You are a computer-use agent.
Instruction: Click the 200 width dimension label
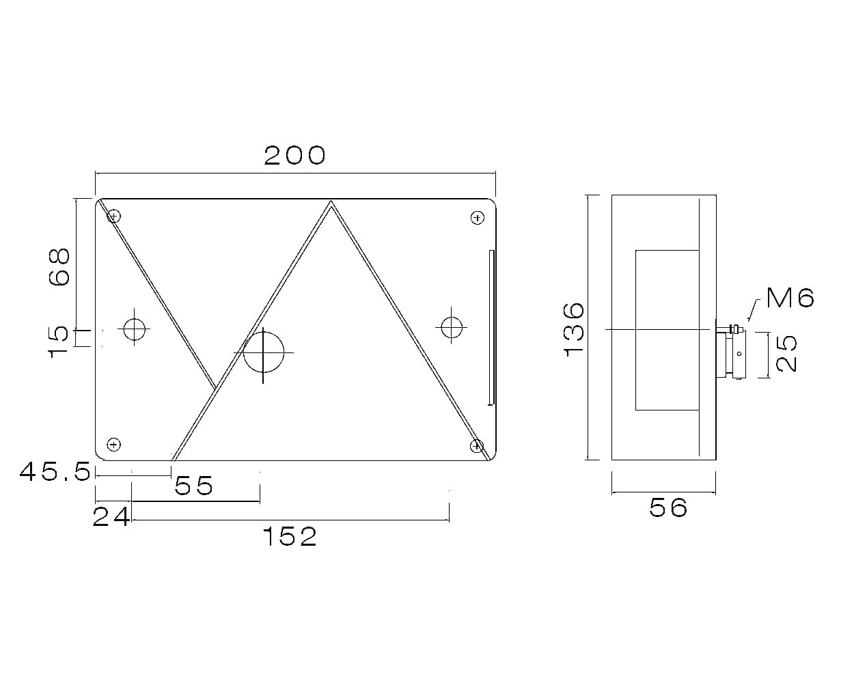[294, 155]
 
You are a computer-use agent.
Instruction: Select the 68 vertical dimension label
[59, 266]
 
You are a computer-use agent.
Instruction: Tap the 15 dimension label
[59, 341]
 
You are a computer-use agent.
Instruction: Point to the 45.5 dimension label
[55, 472]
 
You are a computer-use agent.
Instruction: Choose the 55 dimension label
[193, 486]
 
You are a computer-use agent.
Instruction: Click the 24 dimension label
[111, 517]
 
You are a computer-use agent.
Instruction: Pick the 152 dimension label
[290, 537]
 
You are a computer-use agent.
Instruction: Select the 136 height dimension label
[574, 329]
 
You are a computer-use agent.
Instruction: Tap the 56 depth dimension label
[668, 507]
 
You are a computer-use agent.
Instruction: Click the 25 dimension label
[786, 353]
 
